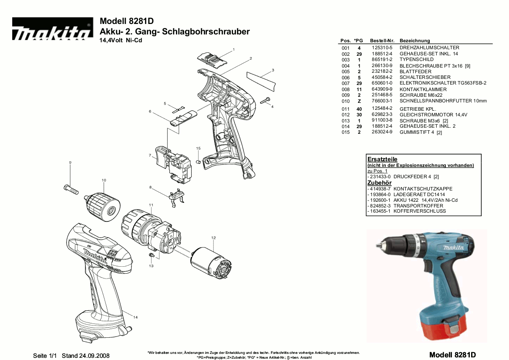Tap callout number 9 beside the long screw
70,163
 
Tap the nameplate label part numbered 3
261,79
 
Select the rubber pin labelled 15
198,162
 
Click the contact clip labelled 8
176,195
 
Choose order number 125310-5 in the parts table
382,48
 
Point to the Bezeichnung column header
415,41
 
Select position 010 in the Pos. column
345,101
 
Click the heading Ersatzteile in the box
382,160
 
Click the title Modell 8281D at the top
127,21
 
